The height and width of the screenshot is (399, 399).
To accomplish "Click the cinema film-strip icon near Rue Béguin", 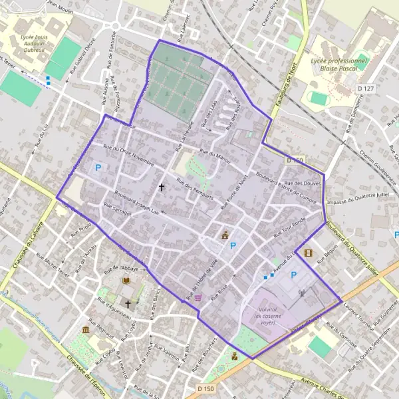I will click(307, 252).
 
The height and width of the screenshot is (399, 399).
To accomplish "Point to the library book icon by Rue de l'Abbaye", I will click(126, 281).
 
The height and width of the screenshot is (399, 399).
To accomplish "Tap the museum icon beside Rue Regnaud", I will click(86, 331).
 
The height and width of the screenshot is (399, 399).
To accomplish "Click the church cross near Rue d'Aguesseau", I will click(128, 303).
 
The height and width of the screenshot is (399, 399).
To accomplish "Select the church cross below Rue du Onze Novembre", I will click(161, 188).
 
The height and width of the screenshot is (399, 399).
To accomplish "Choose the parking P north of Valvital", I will click(293, 275).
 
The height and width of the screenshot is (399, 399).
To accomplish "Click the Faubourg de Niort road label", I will click(285, 97).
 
